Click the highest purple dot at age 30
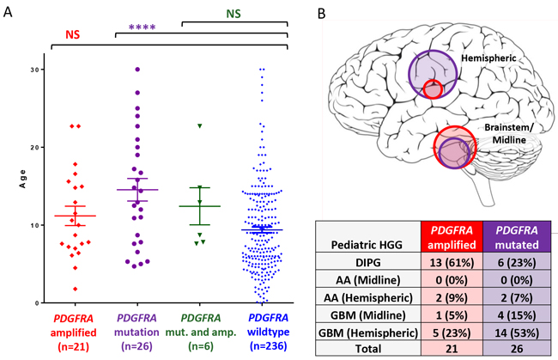pyautogui.click(x=136, y=69)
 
